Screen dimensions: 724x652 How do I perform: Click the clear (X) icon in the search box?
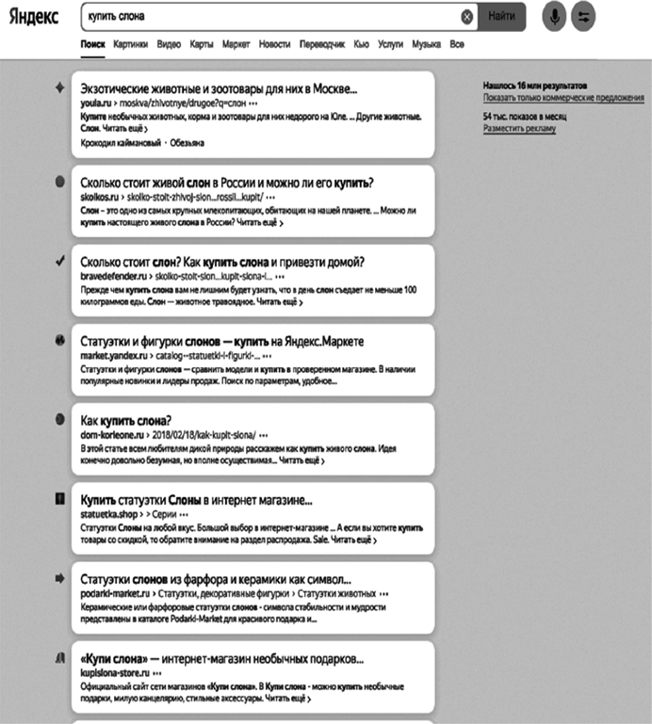coord(466,17)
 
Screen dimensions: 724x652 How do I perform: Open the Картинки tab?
coord(130,44)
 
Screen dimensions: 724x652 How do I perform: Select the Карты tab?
coord(201,44)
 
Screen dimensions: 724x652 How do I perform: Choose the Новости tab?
coord(274,44)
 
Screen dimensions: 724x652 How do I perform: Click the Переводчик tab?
coord(321,44)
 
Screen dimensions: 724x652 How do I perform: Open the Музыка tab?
coord(427,44)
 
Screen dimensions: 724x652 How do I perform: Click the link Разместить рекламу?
coord(519,129)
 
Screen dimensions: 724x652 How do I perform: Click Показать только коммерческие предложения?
coord(563,98)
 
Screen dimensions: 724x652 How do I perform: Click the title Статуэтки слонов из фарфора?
coord(216,579)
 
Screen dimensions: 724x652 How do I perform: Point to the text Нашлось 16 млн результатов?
coord(534,85)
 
